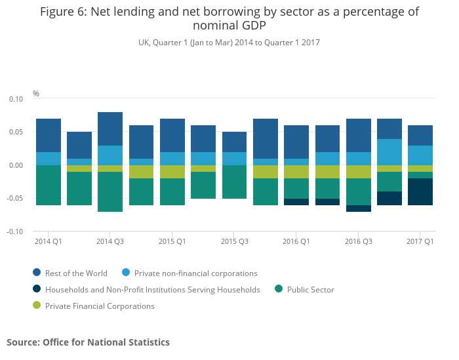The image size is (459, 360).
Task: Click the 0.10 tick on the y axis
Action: [x=15, y=99]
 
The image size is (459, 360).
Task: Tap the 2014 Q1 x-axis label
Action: [x=49, y=241]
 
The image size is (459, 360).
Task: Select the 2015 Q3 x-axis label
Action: [x=234, y=241]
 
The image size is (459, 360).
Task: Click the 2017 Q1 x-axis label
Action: [x=420, y=241]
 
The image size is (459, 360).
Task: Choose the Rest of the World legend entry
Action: [x=76, y=273]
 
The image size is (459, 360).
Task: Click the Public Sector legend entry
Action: [x=310, y=289]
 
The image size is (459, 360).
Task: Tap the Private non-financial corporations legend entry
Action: [x=195, y=273]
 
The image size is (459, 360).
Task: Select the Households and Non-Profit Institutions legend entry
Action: [x=152, y=289]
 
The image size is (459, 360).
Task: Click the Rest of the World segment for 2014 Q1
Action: [x=49, y=135]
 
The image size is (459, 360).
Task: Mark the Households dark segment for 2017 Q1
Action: [x=420, y=191]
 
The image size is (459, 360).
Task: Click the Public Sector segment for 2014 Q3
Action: [x=110, y=191]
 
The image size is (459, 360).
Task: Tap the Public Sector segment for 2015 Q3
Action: [x=234, y=182]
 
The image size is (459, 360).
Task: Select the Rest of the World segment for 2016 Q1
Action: [x=296, y=142]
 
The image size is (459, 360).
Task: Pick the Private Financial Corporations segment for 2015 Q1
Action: [x=172, y=172]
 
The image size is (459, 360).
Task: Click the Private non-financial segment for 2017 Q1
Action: [x=420, y=155]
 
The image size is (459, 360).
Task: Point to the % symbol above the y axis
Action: [x=36, y=94]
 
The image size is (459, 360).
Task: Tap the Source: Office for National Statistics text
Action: [x=88, y=342]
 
